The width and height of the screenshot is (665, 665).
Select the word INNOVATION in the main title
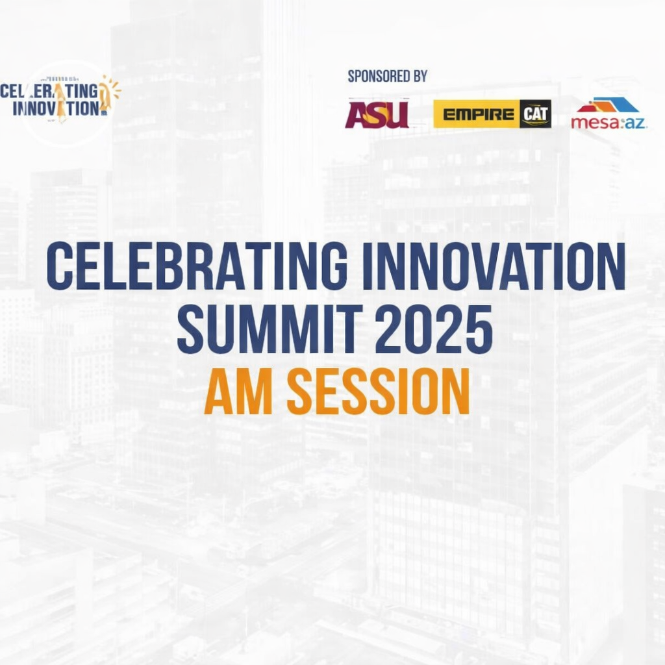pos(494,267)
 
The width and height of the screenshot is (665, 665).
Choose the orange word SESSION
pos(377,392)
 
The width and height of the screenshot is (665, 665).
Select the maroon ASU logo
pos(377,114)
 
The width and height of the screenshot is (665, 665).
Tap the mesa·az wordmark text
pos(609,122)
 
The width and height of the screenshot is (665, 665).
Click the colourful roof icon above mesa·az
pos(609,105)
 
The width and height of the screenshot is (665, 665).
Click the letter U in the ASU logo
pos(397,114)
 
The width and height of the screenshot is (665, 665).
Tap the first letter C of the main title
pos(59,267)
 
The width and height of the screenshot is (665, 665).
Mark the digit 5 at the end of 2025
pos(478,331)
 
